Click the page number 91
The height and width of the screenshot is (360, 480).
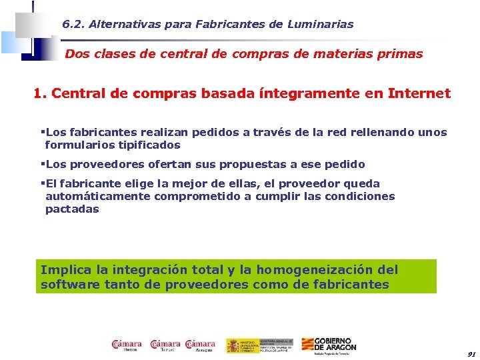(471, 353)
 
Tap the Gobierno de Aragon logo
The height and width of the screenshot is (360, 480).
(329, 345)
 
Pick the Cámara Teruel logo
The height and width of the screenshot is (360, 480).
(165, 344)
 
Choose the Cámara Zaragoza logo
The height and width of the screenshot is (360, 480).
(201, 344)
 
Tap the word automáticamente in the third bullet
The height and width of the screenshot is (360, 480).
(98, 196)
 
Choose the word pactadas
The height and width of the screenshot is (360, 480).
(72, 209)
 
